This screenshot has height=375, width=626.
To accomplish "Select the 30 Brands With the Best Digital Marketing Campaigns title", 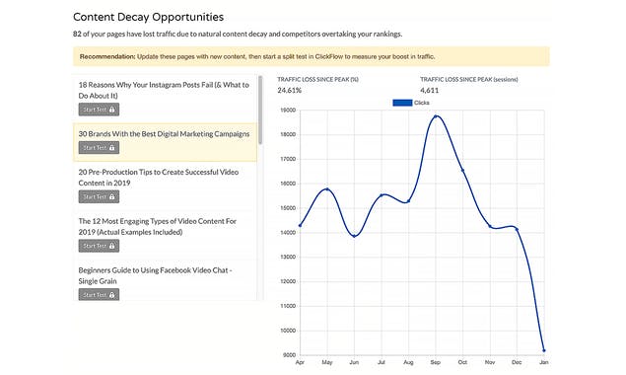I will pos(164,133).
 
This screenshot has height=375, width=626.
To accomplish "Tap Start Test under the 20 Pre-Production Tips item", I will pos(99,196).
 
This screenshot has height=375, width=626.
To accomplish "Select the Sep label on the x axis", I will pos(435,363).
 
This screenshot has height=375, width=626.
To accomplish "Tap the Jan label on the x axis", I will pos(543,363).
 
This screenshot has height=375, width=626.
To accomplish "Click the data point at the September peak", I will pos(436,116).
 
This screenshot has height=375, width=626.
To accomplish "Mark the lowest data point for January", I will pos(543,350).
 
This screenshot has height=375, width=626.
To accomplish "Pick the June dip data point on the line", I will pos(354,236).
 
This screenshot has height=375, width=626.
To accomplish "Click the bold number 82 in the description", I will pos(79,35).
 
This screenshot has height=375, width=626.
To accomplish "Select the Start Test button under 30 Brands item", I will pos(99,148).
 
